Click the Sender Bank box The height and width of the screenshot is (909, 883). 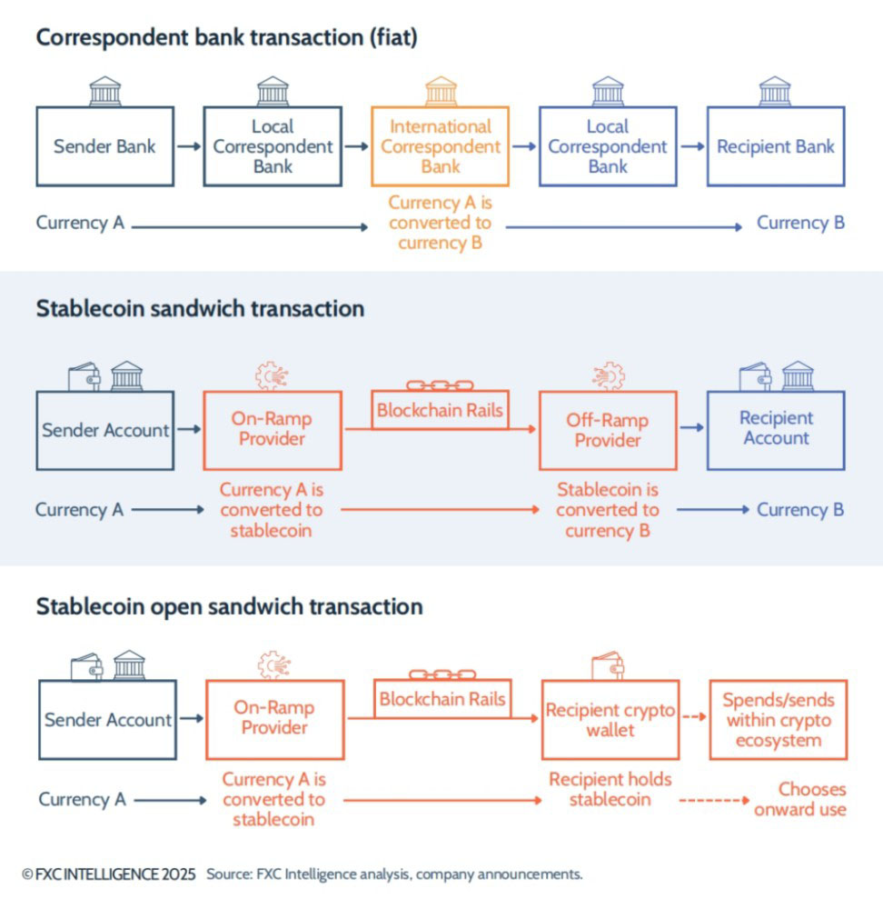click(x=104, y=146)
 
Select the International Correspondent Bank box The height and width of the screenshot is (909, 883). click(x=440, y=146)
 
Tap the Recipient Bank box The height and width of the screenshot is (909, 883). click(x=775, y=146)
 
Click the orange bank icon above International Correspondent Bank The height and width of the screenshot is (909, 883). click(x=441, y=92)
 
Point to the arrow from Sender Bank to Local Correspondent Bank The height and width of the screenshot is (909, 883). click(x=189, y=146)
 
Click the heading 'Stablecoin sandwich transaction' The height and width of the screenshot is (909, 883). click(x=200, y=308)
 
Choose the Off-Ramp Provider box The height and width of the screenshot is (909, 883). click(x=607, y=430)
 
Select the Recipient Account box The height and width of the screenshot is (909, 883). click(x=775, y=429)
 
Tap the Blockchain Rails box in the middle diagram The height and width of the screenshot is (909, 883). click(x=440, y=410)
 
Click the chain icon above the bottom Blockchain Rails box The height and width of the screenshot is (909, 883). click(x=441, y=674)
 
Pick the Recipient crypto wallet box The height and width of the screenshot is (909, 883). click(x=610, y=719)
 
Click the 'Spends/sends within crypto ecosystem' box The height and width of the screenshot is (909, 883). click(x=778, y=719)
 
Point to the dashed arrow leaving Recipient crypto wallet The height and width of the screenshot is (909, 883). click(x=694, y=717)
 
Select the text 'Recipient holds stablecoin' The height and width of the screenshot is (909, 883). click(x=610, y=789)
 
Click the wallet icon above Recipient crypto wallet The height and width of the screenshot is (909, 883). click(x=610, y=666)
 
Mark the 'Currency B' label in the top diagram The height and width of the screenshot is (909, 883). click(x=800, y=223)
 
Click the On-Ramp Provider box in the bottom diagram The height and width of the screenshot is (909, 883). click(x=274, y=718)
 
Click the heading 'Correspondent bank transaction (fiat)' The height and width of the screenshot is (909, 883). click(x=226, y=38)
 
